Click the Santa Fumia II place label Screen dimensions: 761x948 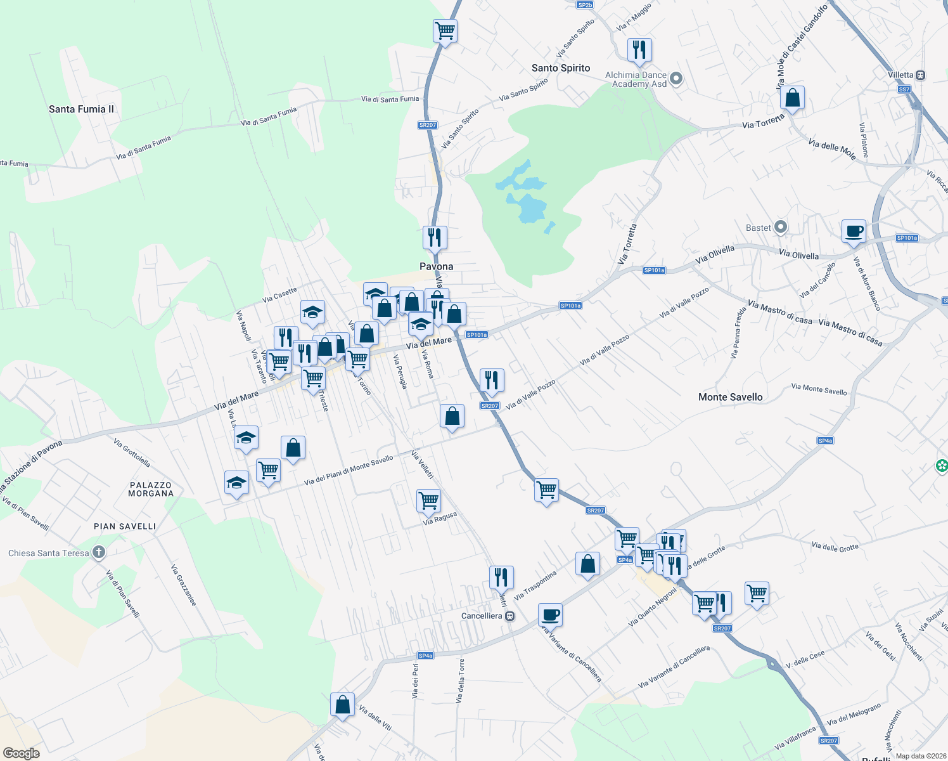coord(81,109)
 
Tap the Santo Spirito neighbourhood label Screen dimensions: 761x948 coord(561,68)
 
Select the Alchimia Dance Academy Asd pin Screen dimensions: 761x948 coord(676,79)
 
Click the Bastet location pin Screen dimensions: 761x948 coord(781,227)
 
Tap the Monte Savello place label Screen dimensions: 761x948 coord(730,397)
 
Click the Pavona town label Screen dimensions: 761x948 coord(436,266)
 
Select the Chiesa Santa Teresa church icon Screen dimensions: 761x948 coord(98,552)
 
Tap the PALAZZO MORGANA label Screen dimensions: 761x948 coord(151,489)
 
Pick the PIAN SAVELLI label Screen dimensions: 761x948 coord(125,526)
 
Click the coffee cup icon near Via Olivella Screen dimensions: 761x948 coord(854,231)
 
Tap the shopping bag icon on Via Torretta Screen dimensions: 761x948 coord(792,98)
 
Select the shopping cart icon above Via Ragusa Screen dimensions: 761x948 coord(428,500)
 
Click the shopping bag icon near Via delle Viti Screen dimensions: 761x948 coord(342,705)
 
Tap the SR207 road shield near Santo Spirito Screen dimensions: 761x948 coord(428,125)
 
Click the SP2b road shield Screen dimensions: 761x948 coord(585,5)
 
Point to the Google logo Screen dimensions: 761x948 coord(21,753)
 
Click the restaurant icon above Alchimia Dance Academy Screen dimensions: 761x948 coord(639,49)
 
